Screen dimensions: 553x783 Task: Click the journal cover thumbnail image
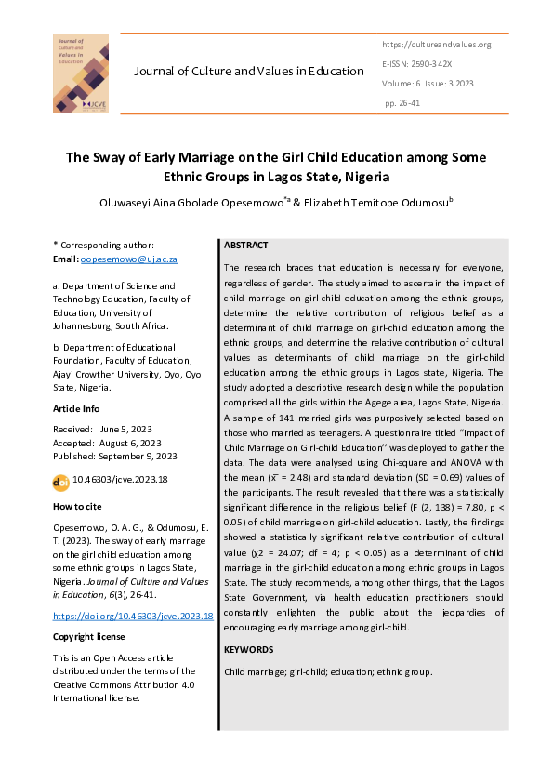coord(80,73)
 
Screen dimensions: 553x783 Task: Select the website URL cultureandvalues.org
coord(436,45)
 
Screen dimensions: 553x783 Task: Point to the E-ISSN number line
coord(416,64)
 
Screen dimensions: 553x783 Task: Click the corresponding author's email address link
coord(129,259)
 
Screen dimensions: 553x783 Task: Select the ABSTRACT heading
coord(246,246)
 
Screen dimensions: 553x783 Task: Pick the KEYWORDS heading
coord(249,649)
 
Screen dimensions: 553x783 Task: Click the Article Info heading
coord(77,409)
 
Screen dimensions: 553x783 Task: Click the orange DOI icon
coord(61,481)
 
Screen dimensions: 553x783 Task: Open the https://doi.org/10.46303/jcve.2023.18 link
coord(133,616)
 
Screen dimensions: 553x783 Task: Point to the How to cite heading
coord(78,506)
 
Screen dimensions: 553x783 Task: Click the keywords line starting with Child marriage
coord(328,671)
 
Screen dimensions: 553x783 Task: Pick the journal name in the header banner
coord(249,72)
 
